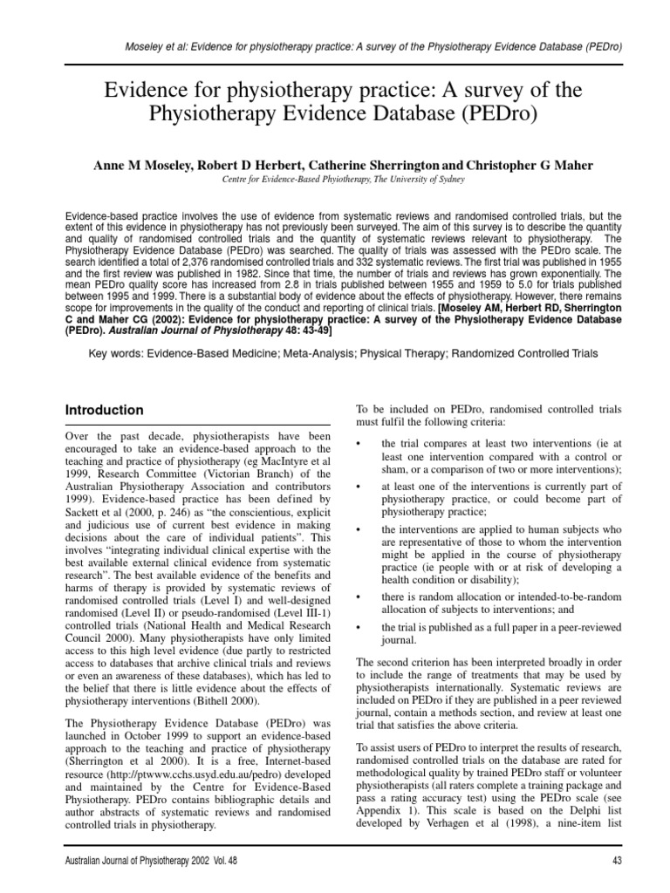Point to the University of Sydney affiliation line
[x=335, y=178]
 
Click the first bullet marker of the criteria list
[x=360, y=445]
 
